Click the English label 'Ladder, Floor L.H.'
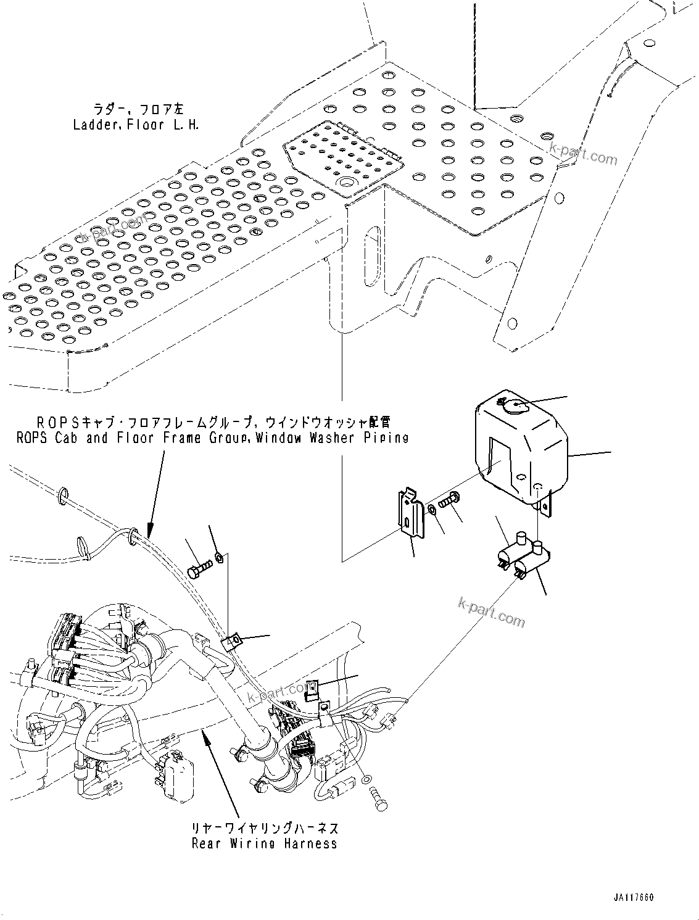pos(136,125)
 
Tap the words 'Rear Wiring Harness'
pos(265,843)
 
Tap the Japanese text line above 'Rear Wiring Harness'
pos(265,828)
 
